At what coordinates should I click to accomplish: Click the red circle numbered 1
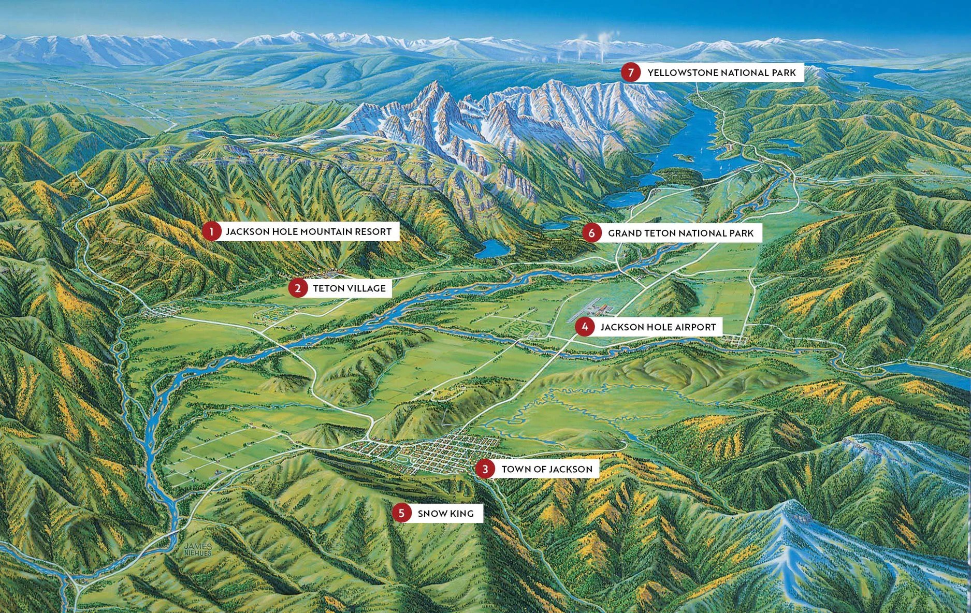pyautogui.click(x=211, y=231)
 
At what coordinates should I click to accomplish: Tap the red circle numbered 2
pyautogui.click(x=298, y=288)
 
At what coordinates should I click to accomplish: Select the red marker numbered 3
pyautogui.click(x=485, y=469)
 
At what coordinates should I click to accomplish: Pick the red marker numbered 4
pyautogui.click(x=585, y=327)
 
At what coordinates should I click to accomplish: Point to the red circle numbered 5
pyautogui.click(x=401, y=513)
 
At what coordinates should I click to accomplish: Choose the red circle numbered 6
pyautogui.click(x=591, y=233)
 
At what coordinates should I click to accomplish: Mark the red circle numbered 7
pyautogui.click(x=630, y=72)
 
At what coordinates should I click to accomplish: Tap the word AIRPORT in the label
pyautogui.click(x=695, y=327)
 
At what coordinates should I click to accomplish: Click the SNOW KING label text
pyautogui.click(x=445, y=514)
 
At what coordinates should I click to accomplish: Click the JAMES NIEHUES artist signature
pyautogui.click(x=198, y=550)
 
